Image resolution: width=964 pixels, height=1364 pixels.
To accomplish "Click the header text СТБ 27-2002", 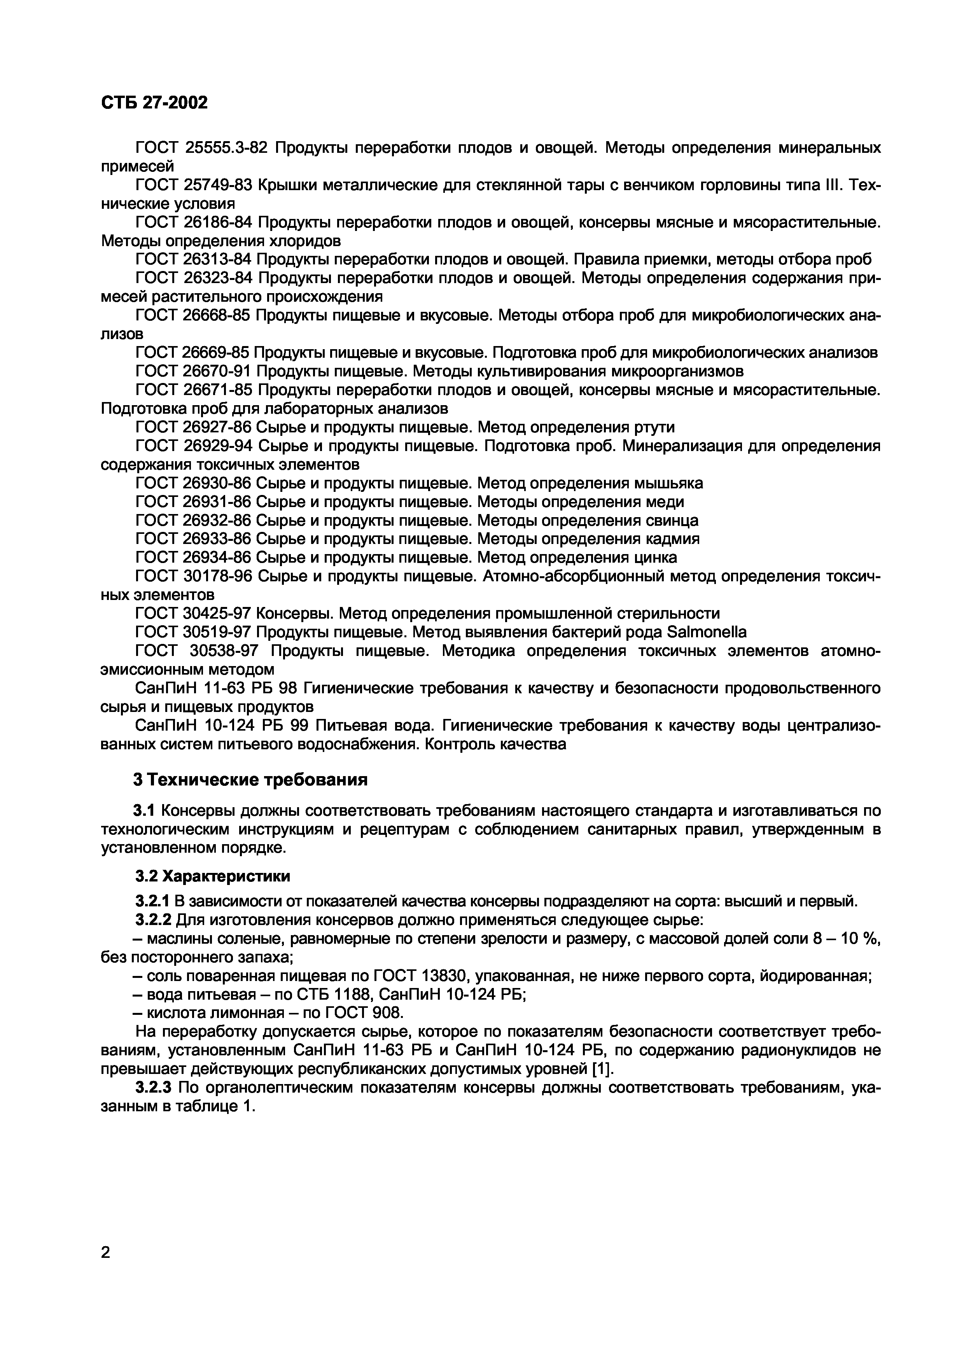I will click(x=154, y=103).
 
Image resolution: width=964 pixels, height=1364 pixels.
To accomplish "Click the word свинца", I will click(x=670, y=520).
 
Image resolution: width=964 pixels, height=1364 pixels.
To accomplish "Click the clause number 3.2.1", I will click(x=153, y=902).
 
